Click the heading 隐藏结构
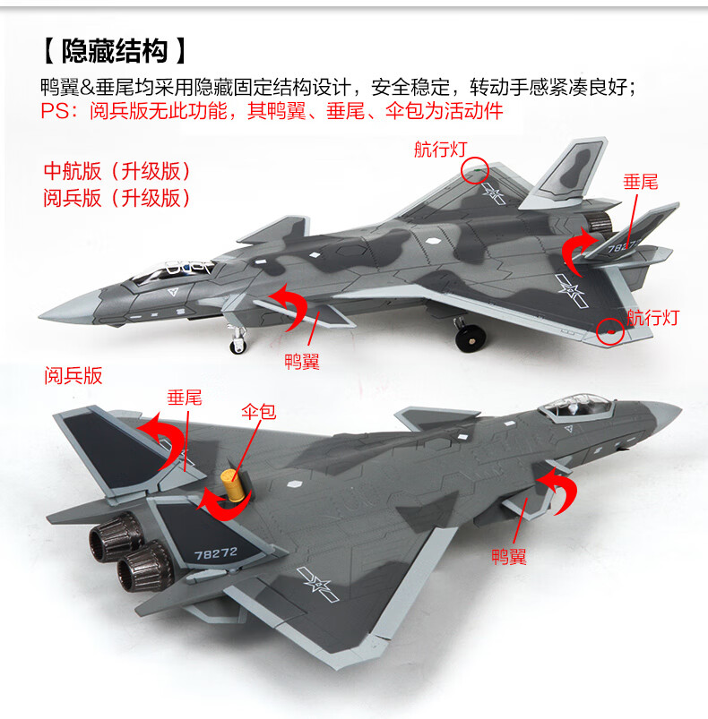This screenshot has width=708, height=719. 115,50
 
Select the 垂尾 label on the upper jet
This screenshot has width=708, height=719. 640,182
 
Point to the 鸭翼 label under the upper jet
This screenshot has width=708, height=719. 301,362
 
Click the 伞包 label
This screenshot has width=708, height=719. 258,412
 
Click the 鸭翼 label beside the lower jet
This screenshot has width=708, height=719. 508,557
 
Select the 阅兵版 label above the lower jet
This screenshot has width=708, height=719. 73,376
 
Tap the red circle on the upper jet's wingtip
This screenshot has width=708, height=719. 610,330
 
